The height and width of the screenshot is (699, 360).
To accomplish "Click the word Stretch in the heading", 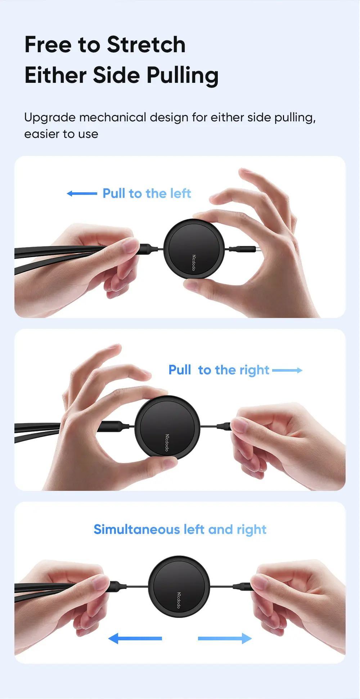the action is pyautogui.click(x=146, y=45).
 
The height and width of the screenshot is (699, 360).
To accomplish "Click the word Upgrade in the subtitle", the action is pyautogui.click(x=50, y=118).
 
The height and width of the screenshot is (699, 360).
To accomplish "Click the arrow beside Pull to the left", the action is pyautogui.click(x=82, y=194).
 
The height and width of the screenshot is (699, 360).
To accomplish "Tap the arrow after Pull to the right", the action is pyautogui.click(x=287, y=370).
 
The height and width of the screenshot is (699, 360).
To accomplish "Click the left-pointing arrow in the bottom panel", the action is pyautogui.click(x=135, y=638).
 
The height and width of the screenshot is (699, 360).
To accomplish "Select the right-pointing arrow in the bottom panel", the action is pyautogui.click(x=225, y=638).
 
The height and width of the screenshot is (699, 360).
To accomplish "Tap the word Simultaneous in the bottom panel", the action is pyautogui.click(x=137, y=529).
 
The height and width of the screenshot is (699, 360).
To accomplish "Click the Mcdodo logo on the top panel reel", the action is pyautogui.click(x=193, y=263).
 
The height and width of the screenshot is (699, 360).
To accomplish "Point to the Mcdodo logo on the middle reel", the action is pyautogui.click(x=167, y=443).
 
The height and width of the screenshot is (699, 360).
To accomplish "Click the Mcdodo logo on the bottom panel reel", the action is pyautogui.click(x=179, y=600).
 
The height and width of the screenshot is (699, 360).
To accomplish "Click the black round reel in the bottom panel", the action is pyautogui.click(x=179, y=586).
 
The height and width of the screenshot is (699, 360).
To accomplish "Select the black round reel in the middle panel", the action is pyautogui.click(x=167, y=427).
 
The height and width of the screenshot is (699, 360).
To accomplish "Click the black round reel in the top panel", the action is pyautogui.click(x=194, y=248).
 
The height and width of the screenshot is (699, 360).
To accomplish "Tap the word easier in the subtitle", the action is pyautogui.click(x=41, y=134).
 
